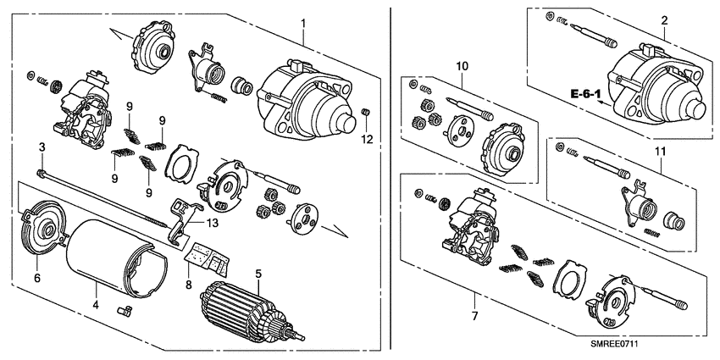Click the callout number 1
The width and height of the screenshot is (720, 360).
pos(304,19)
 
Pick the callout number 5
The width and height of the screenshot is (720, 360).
pos(258,274)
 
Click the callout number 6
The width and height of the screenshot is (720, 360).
pos(36,277)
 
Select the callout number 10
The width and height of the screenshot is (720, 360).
pos(462,65)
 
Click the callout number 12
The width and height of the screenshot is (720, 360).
pos(367,137)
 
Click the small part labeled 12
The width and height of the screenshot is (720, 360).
pos(367,114)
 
